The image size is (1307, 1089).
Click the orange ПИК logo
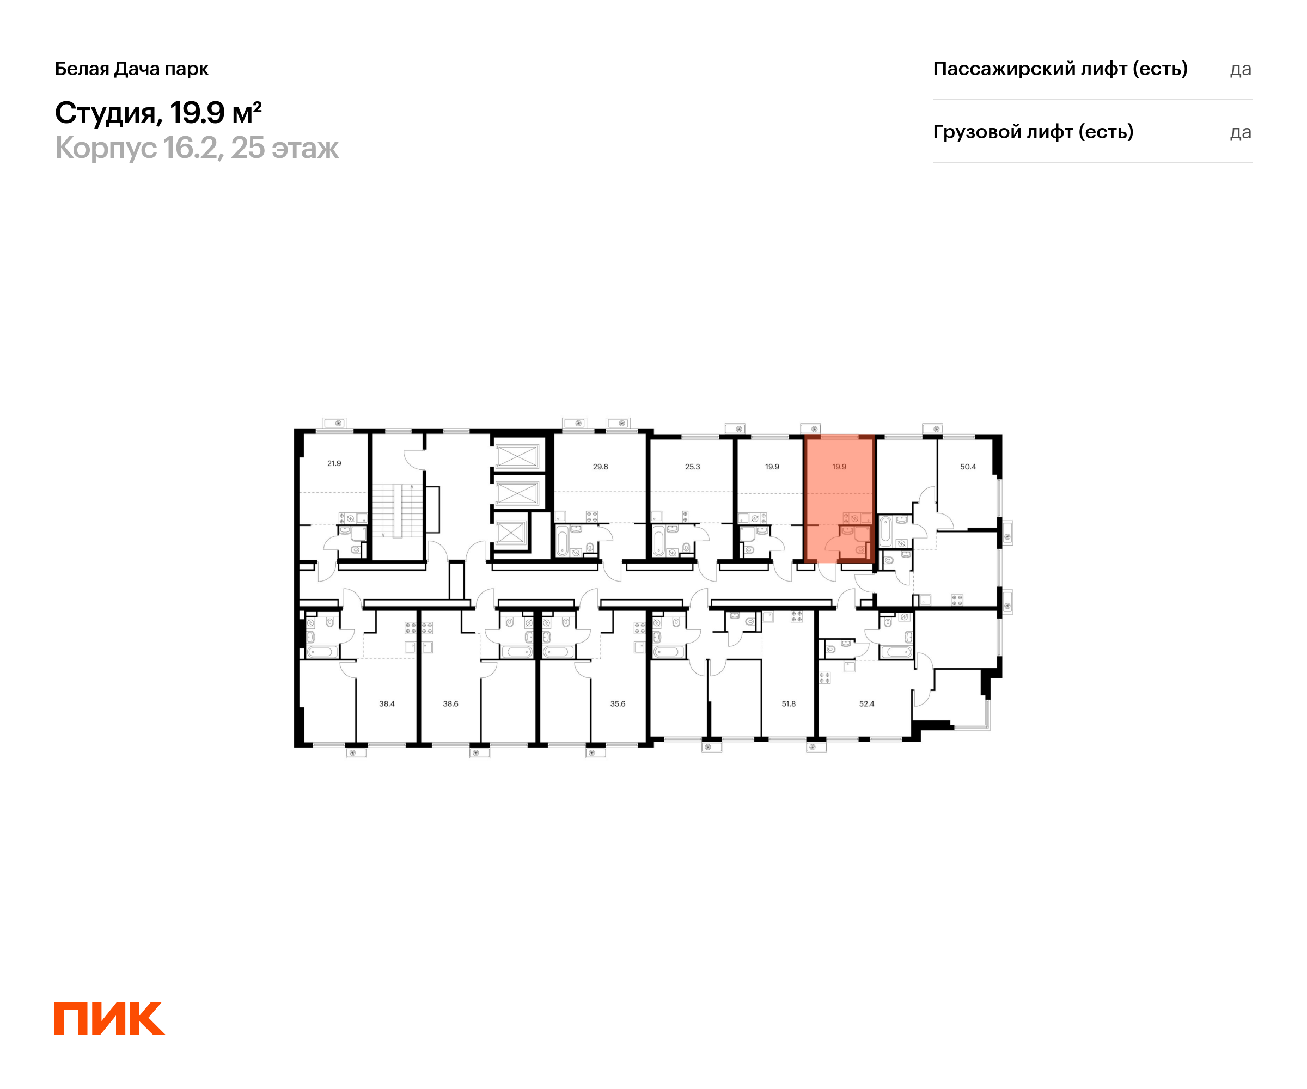click(109, 1018)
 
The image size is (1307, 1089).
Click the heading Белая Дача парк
click(132, 69)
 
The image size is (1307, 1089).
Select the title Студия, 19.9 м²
click(158, 113)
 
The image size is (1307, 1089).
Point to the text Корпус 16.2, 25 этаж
click(197, 148)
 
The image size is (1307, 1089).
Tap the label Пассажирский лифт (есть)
click(1060, 69)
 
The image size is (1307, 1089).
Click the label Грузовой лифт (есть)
click(1033, 132)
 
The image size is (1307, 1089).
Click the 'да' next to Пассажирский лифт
click(1240, 70)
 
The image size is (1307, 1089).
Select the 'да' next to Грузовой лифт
click(1240, 132)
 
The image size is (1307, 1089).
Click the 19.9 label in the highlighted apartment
click(839, 467)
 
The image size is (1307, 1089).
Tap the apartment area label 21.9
click(334, 463)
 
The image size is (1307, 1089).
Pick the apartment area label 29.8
click(600, 467)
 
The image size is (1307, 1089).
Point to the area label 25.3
click(692, 467)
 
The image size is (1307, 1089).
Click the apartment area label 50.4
click(968, 467)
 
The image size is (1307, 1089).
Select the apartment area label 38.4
click(387, 704)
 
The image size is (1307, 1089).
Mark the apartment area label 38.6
click(450, 704)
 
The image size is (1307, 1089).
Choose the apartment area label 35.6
click(618, 704)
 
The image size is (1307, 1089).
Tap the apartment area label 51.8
click(789, 704)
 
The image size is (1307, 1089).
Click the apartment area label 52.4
click(866, 704)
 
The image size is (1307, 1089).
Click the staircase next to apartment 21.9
click(397, 510)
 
